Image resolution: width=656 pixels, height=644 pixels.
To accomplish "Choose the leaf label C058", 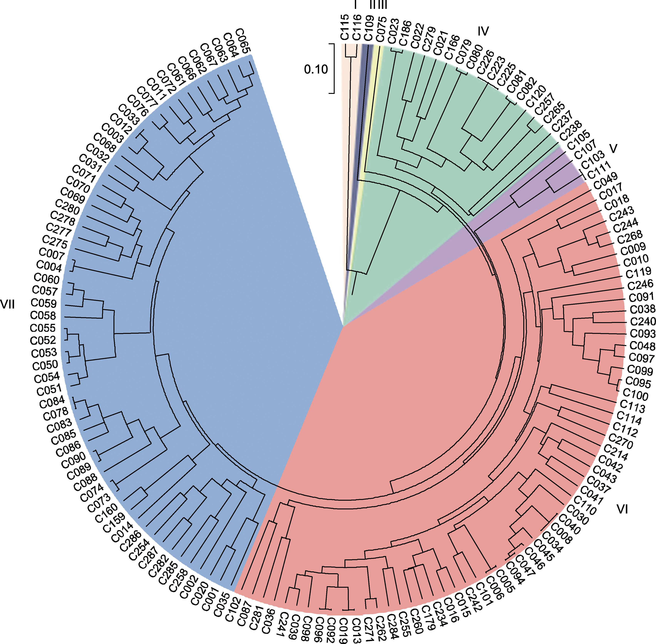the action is point(43,315).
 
